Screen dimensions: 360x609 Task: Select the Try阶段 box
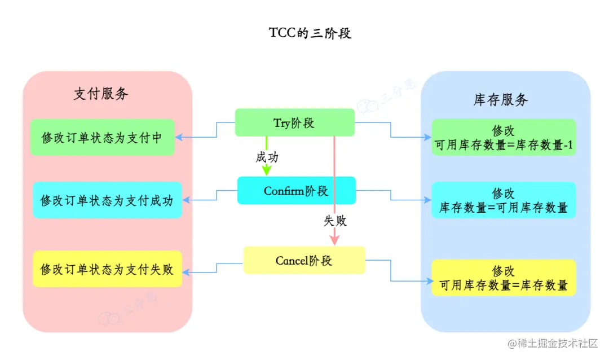coord(294,122)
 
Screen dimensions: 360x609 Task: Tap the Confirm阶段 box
coord(296,191)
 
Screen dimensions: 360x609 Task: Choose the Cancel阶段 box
coord(304,260)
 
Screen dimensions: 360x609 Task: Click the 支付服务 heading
coord(101,94)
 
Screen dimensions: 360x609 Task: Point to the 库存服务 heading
coord(500,100)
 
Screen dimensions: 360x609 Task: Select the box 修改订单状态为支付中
coord(102,137)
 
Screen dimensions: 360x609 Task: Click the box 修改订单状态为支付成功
coord(107,200)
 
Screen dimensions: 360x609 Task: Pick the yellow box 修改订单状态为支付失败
coord(107,269)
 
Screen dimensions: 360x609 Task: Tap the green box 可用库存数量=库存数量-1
coord(504,138)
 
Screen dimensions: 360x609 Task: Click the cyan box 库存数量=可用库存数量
coord(504,200)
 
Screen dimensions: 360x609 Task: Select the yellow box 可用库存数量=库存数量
coord(504,278)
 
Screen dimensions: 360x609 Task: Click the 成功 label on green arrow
coord(267,157)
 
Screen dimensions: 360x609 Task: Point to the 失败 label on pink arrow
coord(335,221)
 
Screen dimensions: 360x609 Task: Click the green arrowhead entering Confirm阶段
coord(267,171)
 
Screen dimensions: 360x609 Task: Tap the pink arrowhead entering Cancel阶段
coord(335,240)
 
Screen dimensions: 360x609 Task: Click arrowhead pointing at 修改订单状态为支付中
coord(179,137)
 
